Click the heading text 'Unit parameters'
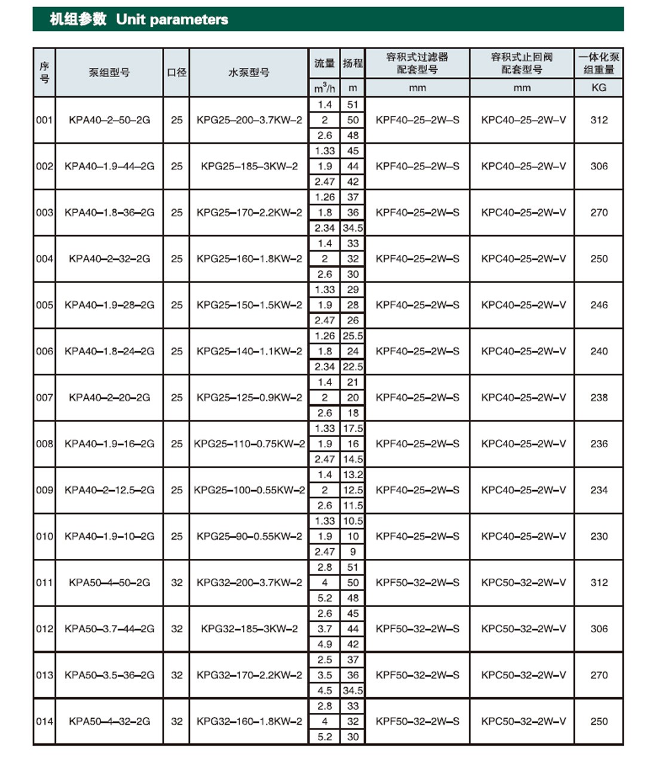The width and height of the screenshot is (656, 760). tap(172, 20)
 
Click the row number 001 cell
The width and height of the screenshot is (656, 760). tap(44, 120)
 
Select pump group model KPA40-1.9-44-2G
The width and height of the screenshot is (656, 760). tap(109, 166)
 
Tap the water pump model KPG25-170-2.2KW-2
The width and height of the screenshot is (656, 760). tap(249, 213)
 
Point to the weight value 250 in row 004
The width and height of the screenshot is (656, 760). tap(599, 259)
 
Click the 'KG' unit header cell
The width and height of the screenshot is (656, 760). tap(599, 88)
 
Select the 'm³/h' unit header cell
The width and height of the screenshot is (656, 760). tap(324, 88)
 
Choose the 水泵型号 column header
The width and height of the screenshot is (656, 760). tap(249, 72)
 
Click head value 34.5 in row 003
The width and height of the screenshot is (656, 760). tap(352, 228)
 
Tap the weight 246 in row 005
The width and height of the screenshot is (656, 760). tap(599, 305)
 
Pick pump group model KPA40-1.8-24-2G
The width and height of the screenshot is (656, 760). tap(109, 351)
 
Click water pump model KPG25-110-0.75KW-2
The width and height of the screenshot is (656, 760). tap(249, 444)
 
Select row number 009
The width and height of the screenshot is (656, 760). tap(44, 490)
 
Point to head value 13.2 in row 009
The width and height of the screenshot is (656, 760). tap(352, 475)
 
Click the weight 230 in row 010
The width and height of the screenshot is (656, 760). tap(599, 536)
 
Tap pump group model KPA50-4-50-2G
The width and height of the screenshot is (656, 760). tap(109, 583)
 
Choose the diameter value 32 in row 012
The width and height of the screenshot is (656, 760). tap(177, 629)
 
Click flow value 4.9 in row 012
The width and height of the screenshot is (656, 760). tap(324, 644)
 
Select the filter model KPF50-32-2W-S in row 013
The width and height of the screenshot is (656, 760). tap(418, 675)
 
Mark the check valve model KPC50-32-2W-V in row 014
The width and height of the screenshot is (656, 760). tap(523, 721)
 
